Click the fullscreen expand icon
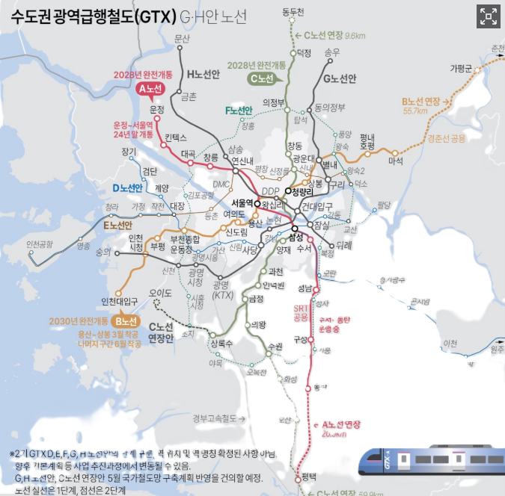click(488, 17)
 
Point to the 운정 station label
click(156, 111)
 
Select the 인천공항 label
click(39, 244)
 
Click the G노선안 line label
click(340, 78)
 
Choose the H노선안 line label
click(203, 74)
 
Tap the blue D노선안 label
click(127, 187)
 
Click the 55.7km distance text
click(414, 111)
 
